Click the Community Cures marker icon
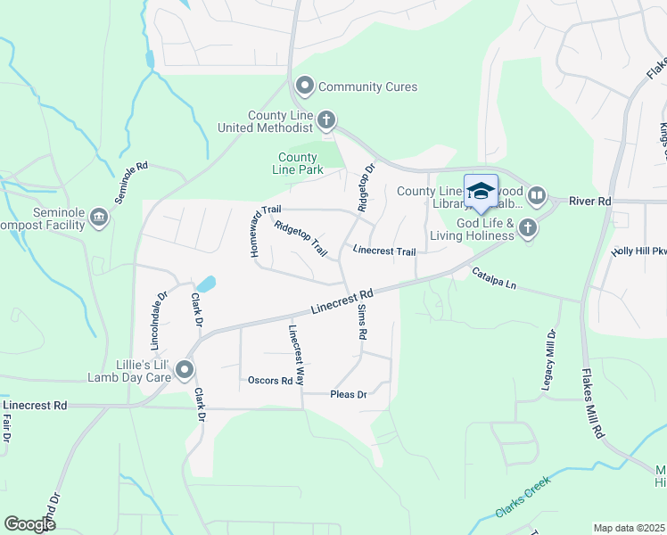(305, 86)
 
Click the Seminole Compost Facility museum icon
(99, 217)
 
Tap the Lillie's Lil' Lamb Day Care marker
(185, 369)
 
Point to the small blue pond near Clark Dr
(206, 284)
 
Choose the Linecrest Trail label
(384, 251)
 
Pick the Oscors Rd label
(270, 381)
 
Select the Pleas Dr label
(349, 394)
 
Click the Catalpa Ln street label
(494, 278)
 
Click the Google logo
(29, 523)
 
